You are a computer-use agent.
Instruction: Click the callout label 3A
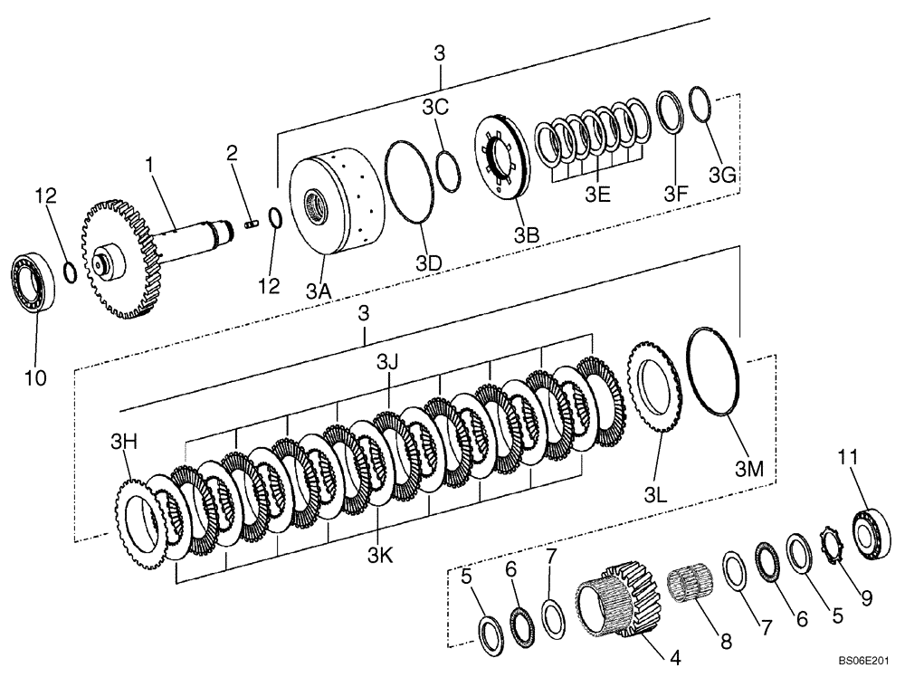click(x=317, y=292)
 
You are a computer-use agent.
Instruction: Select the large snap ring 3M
click(x=715, y=372)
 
